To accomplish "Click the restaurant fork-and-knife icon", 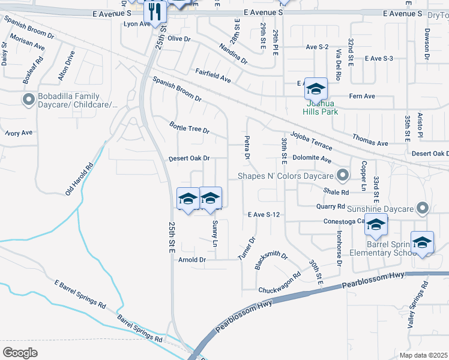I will pyautogui.click(x=155, y=11).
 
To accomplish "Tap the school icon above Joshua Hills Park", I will pyautogui.click(x=316, y=89).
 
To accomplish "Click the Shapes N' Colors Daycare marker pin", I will pyautogui.click(x=343, y=176).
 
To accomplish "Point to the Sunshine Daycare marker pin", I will pyautogui.click(x=423, y=208).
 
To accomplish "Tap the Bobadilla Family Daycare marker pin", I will pyautogui.click(x=28, y=100).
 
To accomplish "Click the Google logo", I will pyautogui.click(x=20, y=352).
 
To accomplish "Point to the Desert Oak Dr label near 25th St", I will pyautogui.click(x=188, y=158).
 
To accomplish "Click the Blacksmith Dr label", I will pyautogui.click(x=271, y=260).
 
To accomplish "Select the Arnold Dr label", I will pyautogui.click(x=192, y=260).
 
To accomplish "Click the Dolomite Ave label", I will pyautogui.click(x=313, y=160).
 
